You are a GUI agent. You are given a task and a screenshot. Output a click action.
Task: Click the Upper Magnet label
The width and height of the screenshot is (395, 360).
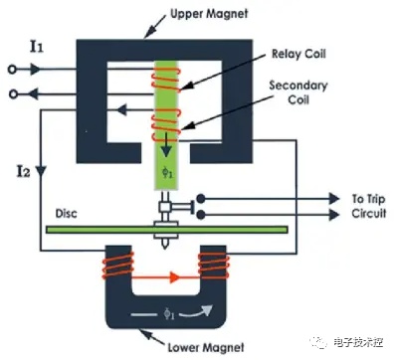[209, 14]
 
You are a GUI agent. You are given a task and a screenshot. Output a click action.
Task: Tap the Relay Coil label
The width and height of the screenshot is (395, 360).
[298, 54]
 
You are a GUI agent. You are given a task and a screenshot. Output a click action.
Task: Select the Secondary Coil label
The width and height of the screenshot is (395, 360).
[298, 92]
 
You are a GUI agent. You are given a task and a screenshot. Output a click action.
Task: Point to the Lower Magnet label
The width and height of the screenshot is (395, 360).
[206, 347]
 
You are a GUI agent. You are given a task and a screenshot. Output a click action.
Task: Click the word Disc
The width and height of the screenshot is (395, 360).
[67, 213]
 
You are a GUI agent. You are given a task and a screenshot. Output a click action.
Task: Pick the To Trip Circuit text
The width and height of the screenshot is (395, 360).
[369, 206]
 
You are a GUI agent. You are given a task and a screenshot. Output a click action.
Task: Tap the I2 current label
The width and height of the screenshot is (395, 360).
[23, 171]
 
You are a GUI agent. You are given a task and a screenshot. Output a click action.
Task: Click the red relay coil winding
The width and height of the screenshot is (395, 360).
[166, 79]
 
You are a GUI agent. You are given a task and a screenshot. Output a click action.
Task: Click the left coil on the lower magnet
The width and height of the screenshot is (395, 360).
[118, 266]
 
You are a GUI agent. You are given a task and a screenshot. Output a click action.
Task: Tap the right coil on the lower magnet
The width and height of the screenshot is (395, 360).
[214, 266]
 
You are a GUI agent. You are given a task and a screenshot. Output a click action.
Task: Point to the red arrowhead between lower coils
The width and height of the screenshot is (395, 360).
[174, 276]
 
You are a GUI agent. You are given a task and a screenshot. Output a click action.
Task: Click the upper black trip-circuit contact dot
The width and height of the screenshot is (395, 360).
[200, 199]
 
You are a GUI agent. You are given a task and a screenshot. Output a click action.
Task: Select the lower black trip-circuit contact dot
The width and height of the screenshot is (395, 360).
[200, 215]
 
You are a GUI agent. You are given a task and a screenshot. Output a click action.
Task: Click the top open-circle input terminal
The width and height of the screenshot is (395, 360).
[12, 70]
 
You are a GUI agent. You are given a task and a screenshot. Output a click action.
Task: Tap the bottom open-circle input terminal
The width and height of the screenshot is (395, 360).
[13, 94]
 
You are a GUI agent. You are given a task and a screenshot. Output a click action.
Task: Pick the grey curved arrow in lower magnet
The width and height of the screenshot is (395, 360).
[198, 311]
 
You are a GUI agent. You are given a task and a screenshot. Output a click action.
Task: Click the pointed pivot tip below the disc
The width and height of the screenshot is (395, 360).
[165, 247]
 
